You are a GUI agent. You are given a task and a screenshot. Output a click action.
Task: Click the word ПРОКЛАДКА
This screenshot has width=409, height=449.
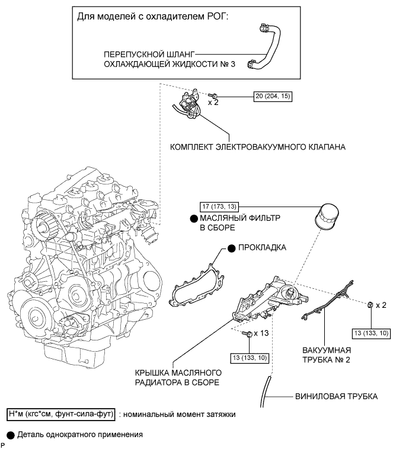click(262, 247)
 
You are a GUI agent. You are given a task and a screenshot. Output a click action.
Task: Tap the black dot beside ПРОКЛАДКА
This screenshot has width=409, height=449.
click(232, 249)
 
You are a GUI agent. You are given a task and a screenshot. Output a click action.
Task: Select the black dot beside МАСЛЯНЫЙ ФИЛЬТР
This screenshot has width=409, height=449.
click(194, 219)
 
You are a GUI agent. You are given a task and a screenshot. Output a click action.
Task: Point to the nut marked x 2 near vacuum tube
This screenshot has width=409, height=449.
click(370, 305)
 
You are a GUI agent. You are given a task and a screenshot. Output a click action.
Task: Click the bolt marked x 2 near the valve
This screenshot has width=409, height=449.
click(212, 95)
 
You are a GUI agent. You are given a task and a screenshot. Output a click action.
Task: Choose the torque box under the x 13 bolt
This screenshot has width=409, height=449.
click(250, 358)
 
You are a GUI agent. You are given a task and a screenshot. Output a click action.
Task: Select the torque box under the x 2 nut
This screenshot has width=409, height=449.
click(371, 333)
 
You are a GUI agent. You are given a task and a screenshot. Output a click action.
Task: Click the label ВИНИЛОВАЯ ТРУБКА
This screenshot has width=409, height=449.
click(336, 396)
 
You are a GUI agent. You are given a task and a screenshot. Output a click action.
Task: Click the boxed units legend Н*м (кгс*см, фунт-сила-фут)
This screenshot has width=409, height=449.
click(61, 415)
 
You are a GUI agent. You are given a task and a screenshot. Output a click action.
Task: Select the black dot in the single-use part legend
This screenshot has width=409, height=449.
click(11, 435)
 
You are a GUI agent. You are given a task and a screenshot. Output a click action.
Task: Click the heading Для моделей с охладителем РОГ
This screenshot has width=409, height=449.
click(153, 17)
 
